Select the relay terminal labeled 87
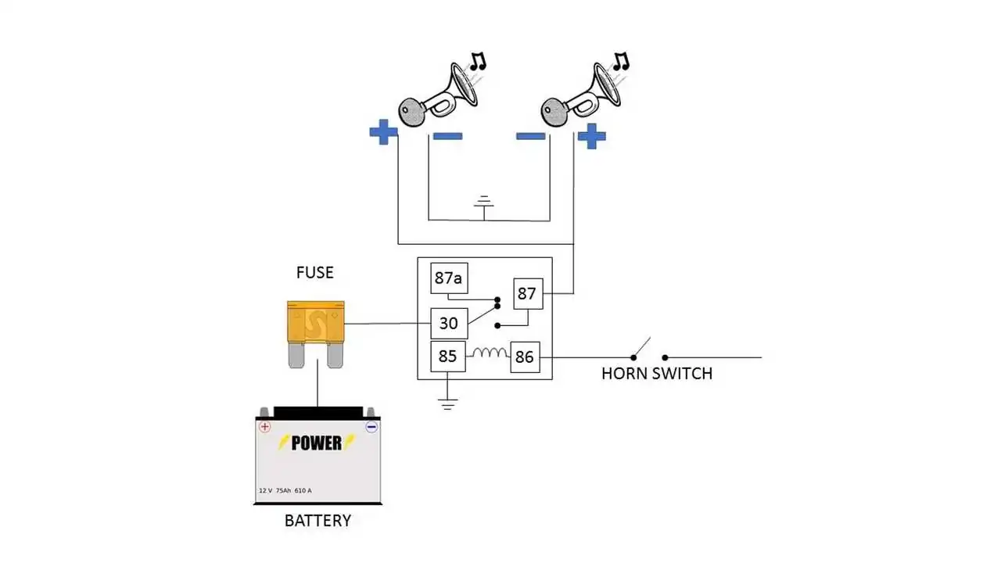526,294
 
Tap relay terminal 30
450,323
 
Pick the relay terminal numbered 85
447,357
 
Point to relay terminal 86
524,357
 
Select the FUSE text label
314,273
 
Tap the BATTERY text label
318,521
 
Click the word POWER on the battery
317,443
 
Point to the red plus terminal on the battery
265,427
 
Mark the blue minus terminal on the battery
371,427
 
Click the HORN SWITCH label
657,374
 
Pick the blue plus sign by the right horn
591,136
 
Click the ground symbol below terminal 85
447,403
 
